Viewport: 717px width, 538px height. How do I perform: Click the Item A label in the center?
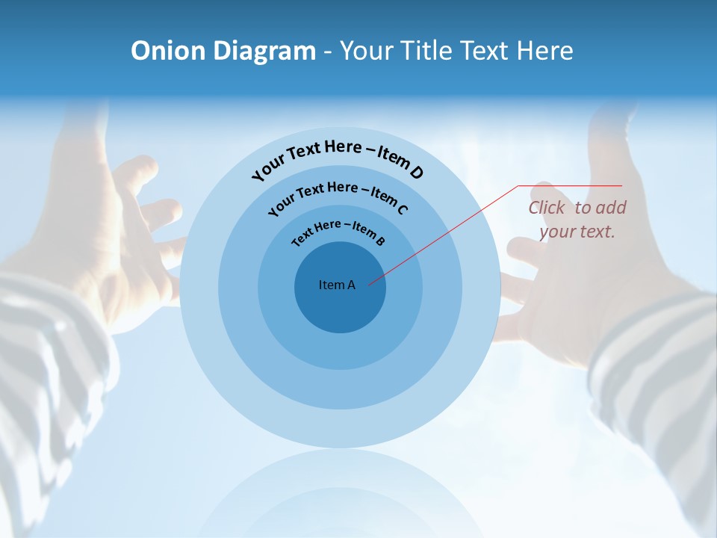[337, 285]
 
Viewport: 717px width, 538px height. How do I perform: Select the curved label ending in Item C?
[338, 194]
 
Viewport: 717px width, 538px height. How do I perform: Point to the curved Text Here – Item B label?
[338, 230]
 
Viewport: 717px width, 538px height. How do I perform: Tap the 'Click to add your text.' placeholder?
[577, 220]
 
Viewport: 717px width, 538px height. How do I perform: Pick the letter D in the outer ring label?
[417, 173]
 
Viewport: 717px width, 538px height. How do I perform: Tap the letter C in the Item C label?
[402, 209]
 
